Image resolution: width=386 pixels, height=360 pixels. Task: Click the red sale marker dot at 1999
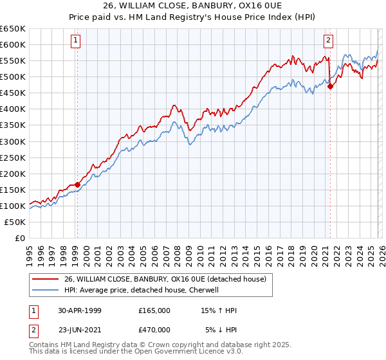(x=77, y=184)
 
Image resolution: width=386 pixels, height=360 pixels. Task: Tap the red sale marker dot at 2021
(x=330, y=86)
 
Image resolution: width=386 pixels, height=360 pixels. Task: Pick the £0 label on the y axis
(x=19, y=238)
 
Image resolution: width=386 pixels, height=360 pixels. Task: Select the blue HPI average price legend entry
(x=142, y=291)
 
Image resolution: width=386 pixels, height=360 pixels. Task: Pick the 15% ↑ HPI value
(x=219, y=310)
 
